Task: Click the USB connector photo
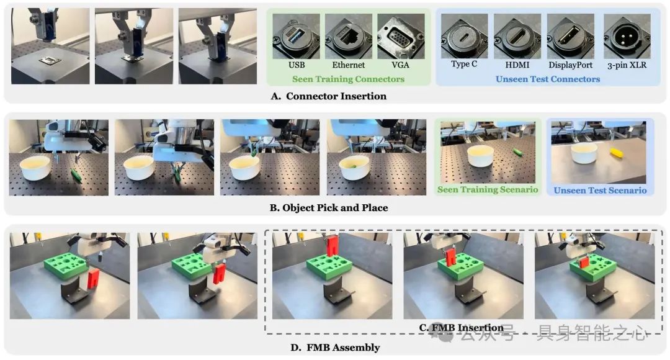[x=296, y=37]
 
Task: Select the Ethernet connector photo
[x=348, y=37]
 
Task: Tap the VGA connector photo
[x=401, y=37]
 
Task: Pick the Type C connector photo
[x=464, y=36]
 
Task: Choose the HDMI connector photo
[x=517, y=37]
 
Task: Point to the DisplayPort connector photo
[x=571, y=37]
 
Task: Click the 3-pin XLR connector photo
[x=627, y=37]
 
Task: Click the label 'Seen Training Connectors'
[x=348, y=79]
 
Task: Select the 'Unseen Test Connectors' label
[x=548, y=79]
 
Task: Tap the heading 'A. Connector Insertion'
[x=329, y=96]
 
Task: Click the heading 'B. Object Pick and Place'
[x=329, y=208]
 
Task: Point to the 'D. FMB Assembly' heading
[x=335, y=348]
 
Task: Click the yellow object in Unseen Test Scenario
[x=616, y=153]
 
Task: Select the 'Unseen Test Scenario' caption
[x=600, y=191]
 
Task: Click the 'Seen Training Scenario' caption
[x=488, y=189]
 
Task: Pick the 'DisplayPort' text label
[x=571, y=65]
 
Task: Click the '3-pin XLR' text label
[x=627, y=65]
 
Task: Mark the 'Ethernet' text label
[x=348, y=65]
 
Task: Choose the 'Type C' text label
[x=464, y=64]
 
